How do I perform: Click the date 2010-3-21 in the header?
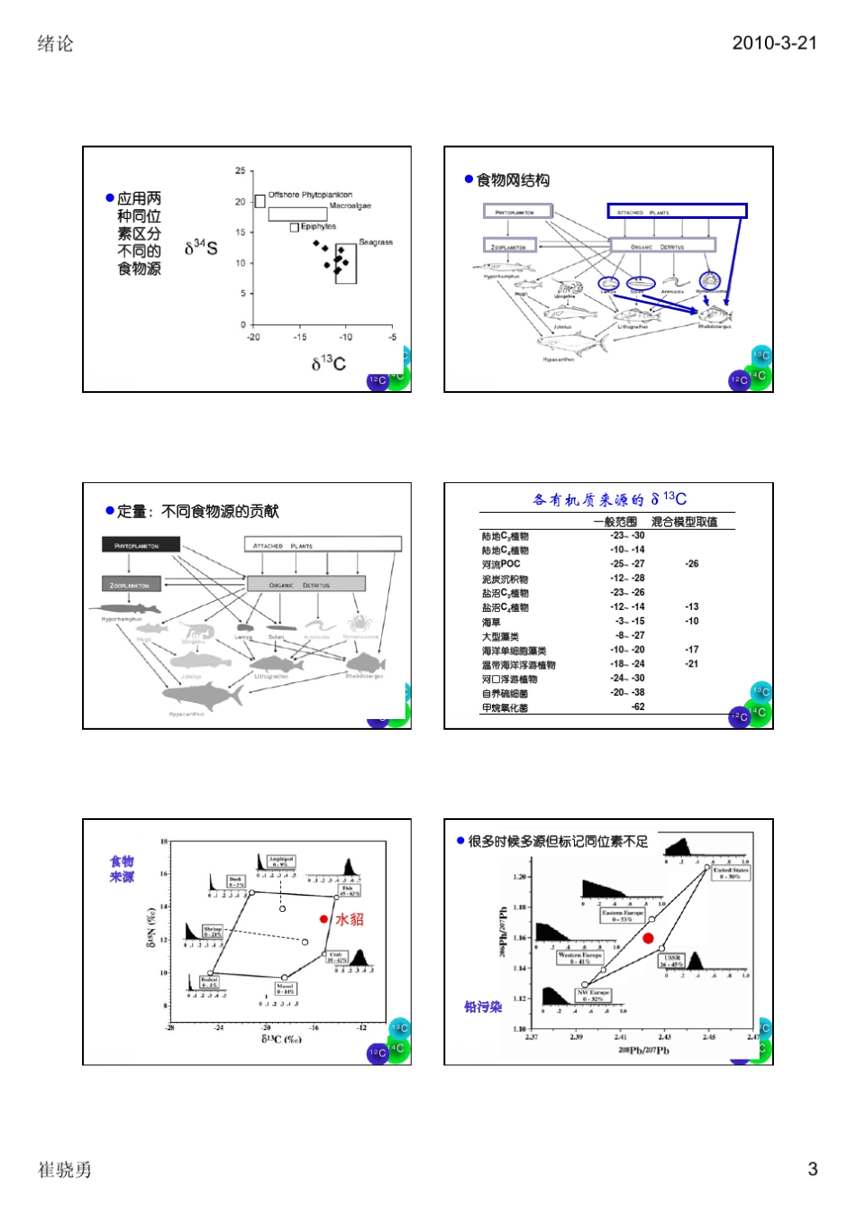coord(774,42)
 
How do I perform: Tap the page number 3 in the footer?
coord(812,1169)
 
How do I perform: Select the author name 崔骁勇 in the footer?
coord(65,1170)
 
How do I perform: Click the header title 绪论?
coord(55,43)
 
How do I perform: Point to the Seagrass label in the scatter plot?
coord(376,242)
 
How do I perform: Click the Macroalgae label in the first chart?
coord(351,206)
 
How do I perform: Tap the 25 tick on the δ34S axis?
coord(241,171)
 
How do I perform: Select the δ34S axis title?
coord(201,248)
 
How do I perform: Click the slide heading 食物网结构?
coord(513,180)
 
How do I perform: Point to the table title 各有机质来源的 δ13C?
coord(609,499)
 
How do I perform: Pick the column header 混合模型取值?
coord(684,522)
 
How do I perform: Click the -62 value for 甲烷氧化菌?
coord(638,707)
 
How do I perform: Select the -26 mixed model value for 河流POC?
coord(691,564)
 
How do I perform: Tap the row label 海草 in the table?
coord(491,622)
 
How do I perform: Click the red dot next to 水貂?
coord(323,919)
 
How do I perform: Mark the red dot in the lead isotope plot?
coord(648,938)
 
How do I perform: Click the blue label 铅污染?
coord(483,1007)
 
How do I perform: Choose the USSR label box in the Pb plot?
coord(672,961)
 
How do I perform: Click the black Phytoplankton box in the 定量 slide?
coord(141,545)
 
